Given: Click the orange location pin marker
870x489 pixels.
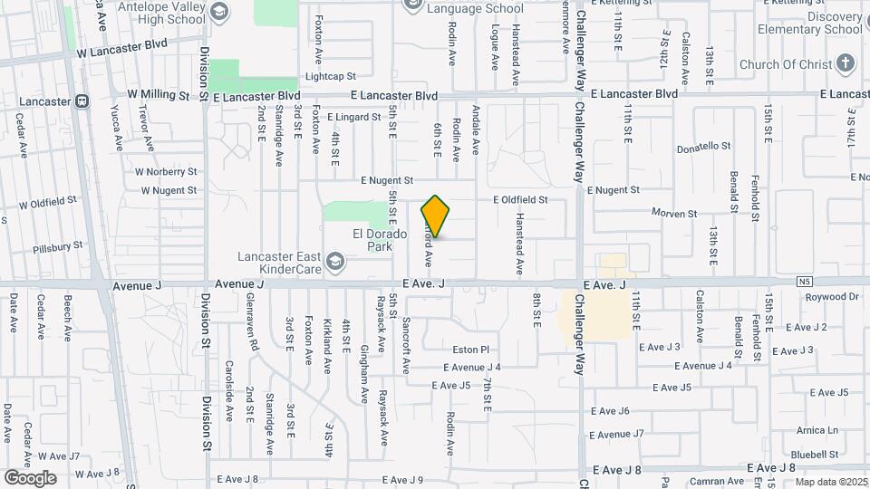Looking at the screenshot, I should pos(436,216).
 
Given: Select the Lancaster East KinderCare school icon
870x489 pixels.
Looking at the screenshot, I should pos(336,263).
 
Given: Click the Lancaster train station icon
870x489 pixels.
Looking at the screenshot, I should pos(82,101).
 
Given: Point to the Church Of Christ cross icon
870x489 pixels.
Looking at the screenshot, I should pos(846,64).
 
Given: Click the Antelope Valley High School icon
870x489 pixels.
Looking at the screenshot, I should pos(218,12).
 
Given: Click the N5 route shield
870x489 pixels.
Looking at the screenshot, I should pos(805,283).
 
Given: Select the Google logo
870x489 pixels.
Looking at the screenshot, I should pos(30,478).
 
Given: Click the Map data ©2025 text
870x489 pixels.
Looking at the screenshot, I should pos(831,482).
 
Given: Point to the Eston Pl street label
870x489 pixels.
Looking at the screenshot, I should pos(470,349).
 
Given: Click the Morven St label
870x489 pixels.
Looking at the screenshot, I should pos(674,214).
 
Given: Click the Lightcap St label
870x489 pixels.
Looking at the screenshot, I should pos(331,77).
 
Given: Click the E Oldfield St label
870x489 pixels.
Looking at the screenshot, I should pos(520,199).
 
